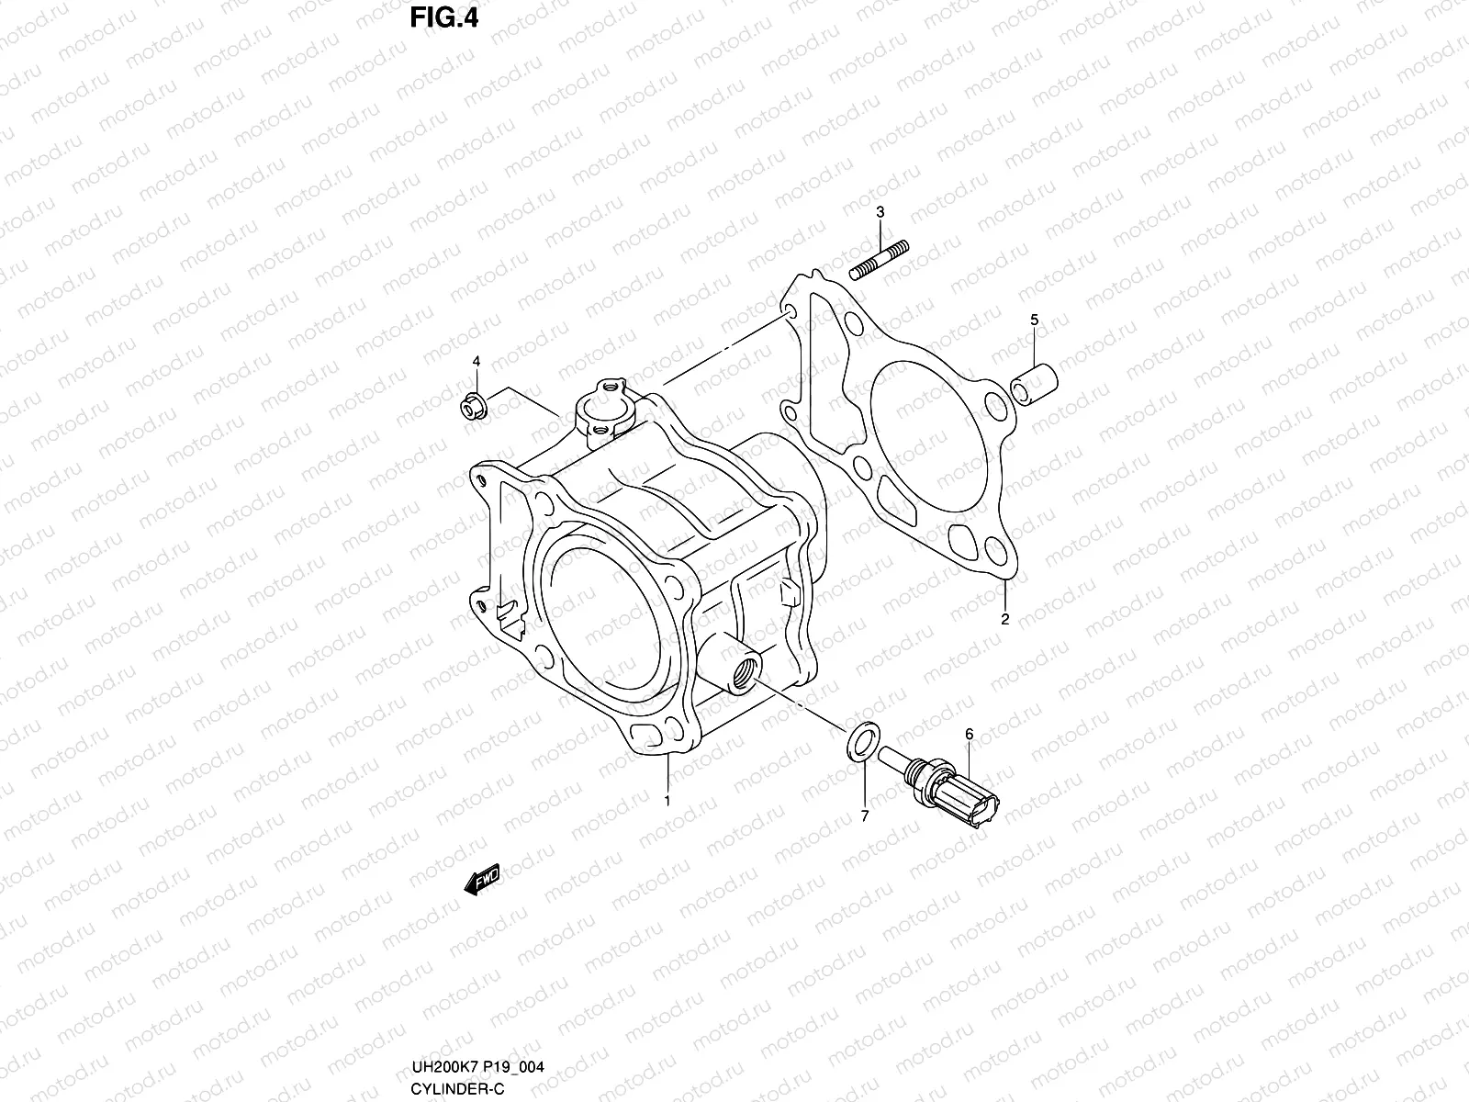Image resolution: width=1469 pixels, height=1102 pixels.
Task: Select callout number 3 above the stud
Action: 880,212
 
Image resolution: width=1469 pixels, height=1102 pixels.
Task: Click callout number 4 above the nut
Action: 477,362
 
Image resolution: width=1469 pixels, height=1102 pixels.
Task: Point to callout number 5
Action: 1034,320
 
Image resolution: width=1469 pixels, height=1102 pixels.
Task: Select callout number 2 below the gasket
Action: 1005,619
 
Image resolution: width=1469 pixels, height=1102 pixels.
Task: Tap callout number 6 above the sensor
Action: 969,734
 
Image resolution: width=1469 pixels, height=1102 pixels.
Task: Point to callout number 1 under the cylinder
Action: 667,801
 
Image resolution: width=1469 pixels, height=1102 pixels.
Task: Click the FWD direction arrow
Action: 481,881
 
